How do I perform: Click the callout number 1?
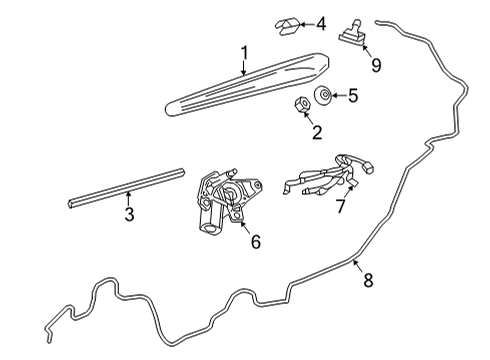click(x=245, y=53)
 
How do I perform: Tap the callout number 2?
click(x=317, y=132)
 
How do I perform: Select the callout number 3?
click(x=129, y=214)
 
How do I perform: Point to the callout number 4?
click(x=321, y=24)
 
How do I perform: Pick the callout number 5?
click(x=353, y=95)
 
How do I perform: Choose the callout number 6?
click(x=256, y=241)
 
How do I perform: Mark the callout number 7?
click(x=340, y=206)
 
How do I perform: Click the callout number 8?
click(x=368, y=280)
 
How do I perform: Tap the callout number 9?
click(x=376, y=65)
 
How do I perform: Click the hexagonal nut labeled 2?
click(x=302, y=105)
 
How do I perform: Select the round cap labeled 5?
click(x=323, y=95)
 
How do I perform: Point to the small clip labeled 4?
click(x=287, y=26)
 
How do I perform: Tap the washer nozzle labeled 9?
click(x=352, y=34)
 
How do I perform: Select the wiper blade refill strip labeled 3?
click(x=126, y=188)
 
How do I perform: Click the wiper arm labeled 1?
click(x=247, y=85)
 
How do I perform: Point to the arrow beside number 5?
click(x=337, y=96)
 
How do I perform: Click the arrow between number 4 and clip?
click(x=307, y=24)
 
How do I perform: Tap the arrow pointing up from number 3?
click(x=128, y=198)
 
